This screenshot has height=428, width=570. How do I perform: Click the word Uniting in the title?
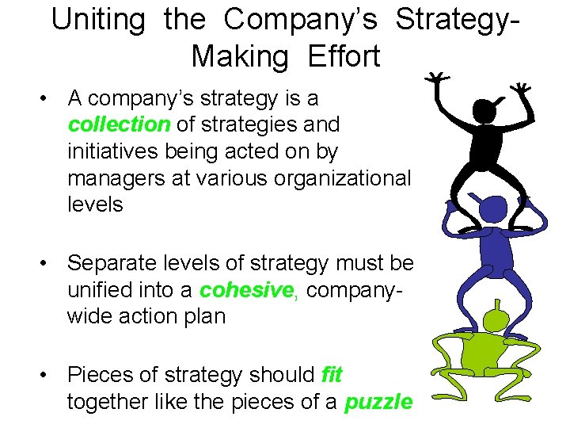pos(98,20)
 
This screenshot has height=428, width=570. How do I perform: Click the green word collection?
pos(119,124)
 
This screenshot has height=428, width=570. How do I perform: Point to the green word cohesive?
pos(246,290)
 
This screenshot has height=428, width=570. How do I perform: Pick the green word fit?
pos(332,373)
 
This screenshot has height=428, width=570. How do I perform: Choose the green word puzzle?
pos(378,402)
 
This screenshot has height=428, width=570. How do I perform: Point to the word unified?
pos(98,290)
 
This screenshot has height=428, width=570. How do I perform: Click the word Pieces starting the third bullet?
pos(101,373)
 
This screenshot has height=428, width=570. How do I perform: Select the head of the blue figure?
pos(494,211)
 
